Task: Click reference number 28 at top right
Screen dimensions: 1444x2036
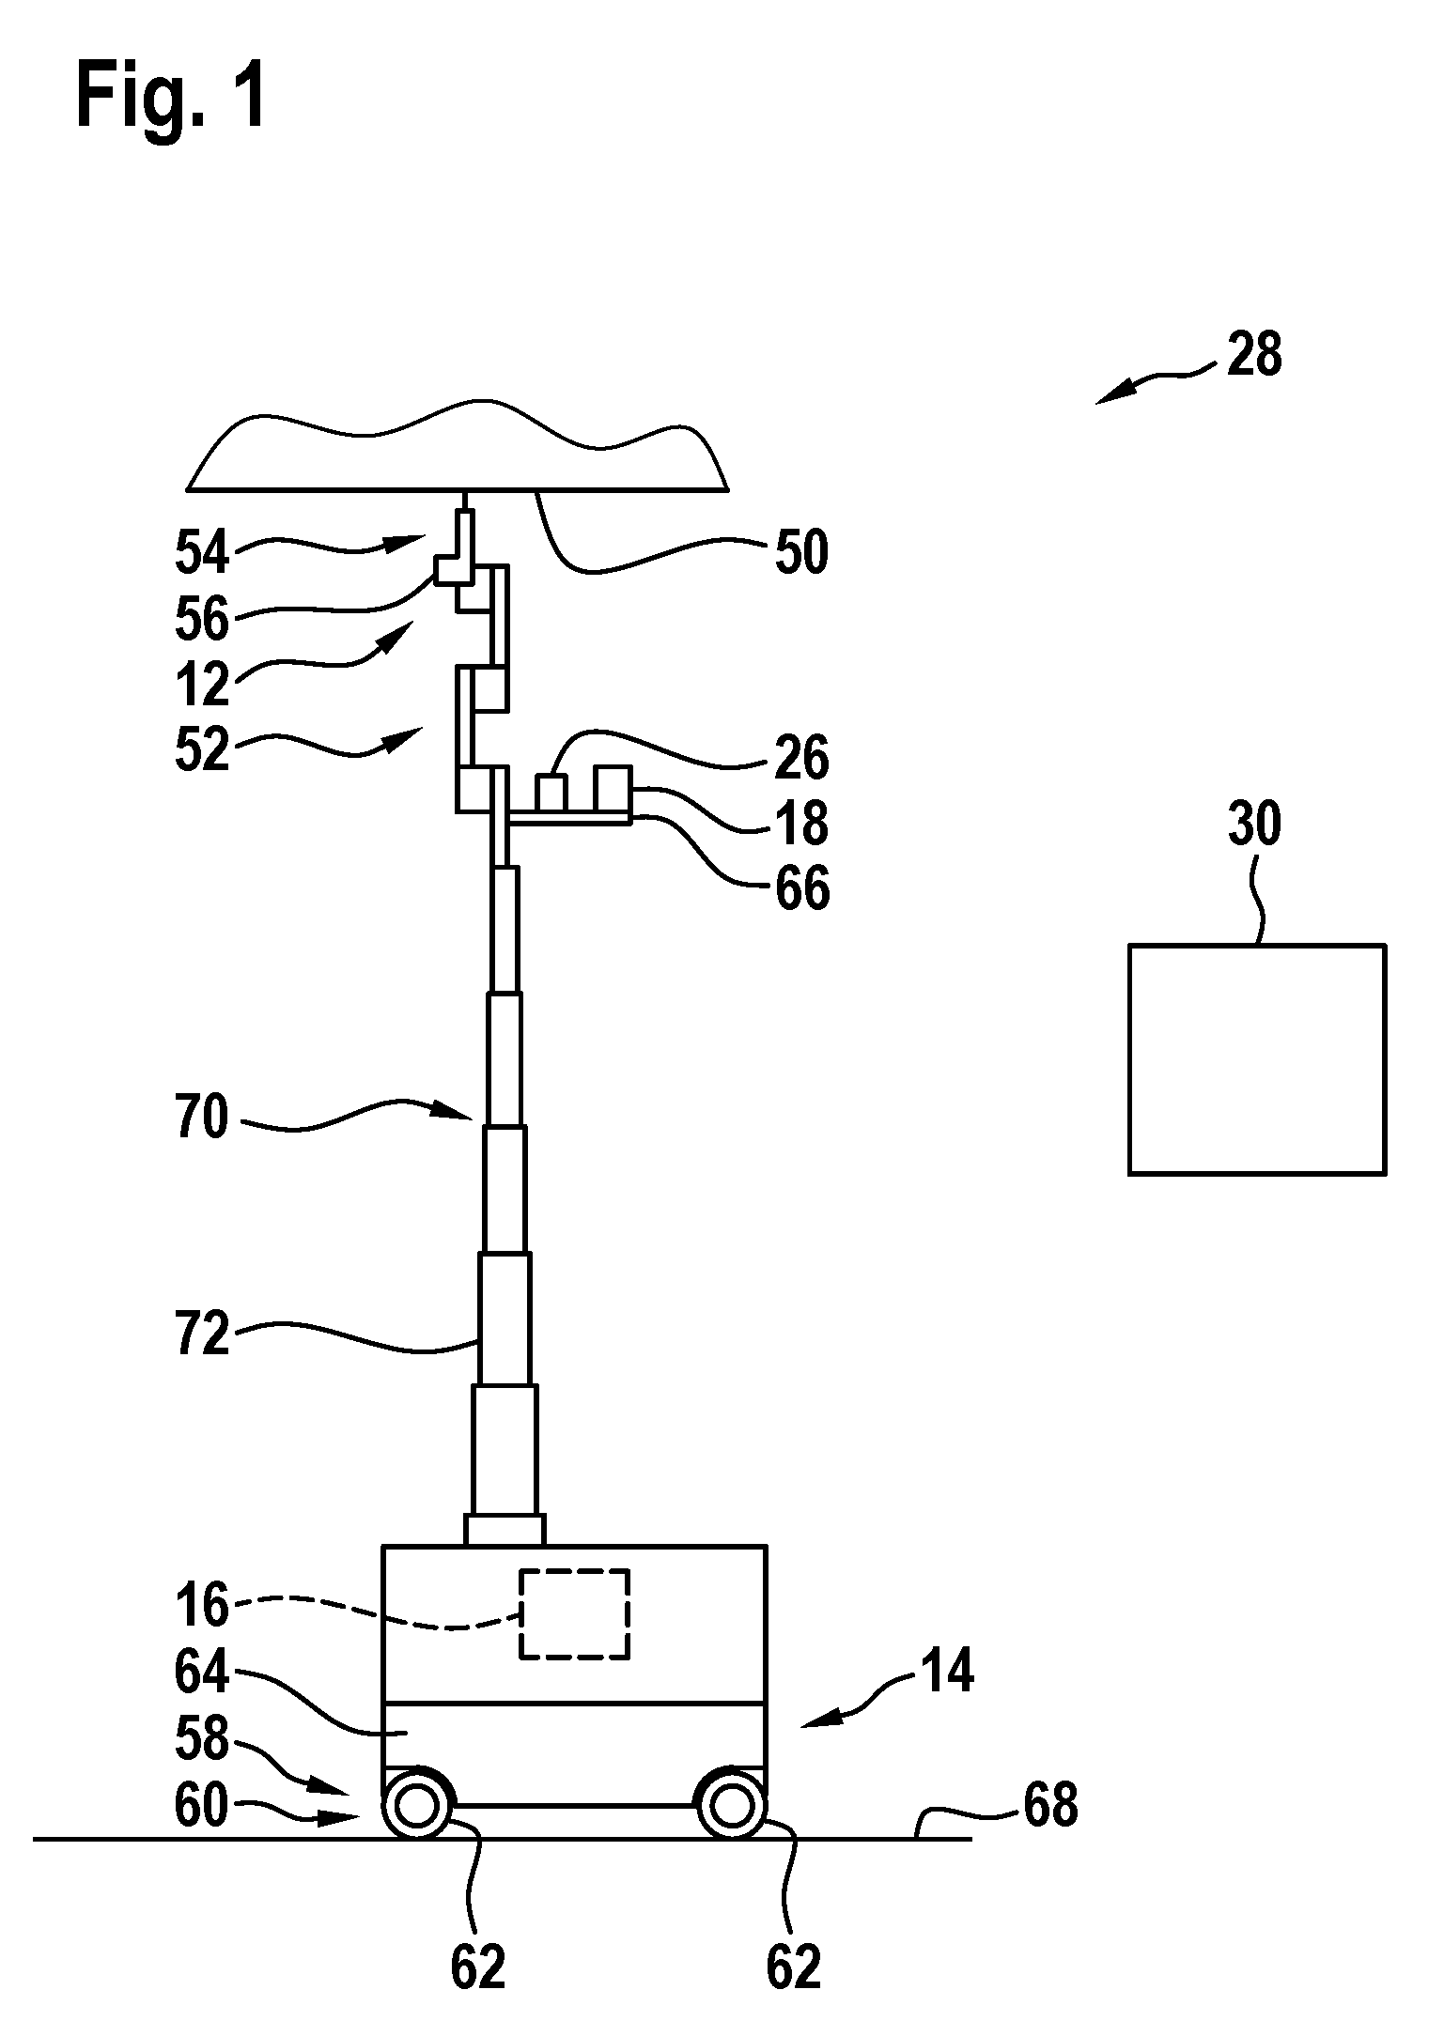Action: click(1254, 355)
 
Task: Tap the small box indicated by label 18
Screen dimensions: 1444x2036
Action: click(613, 788)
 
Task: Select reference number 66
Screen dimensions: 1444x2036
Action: click(802, 887)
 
